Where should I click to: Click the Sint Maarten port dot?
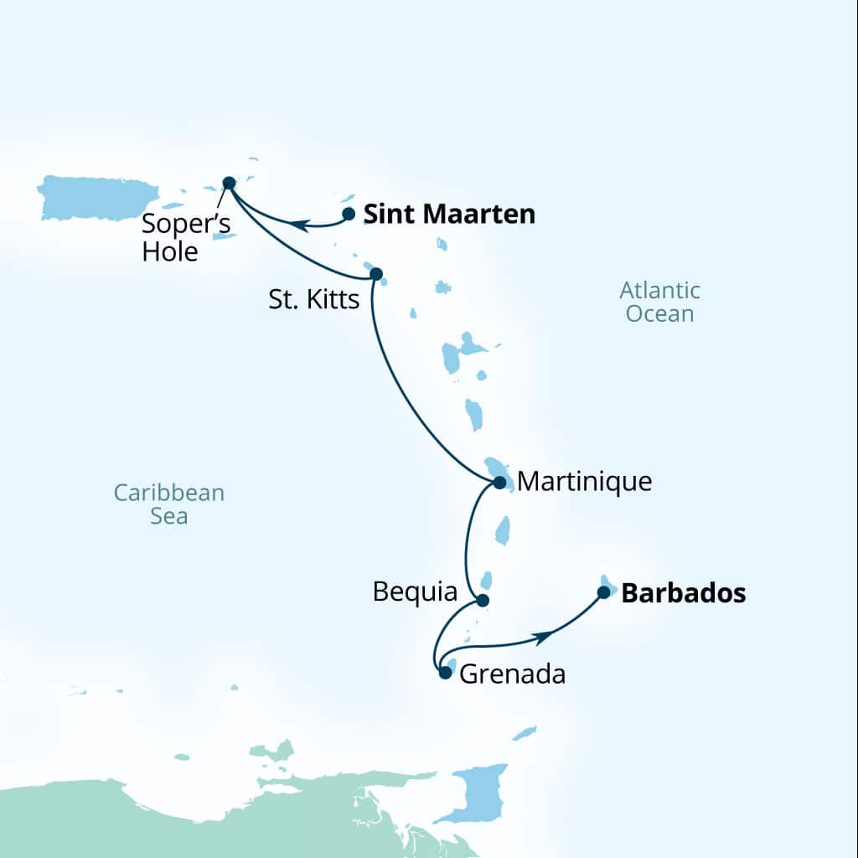[x=349, y=214]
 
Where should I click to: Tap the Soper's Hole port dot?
[x=229, y=183]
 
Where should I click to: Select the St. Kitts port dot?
[x=375, y=273]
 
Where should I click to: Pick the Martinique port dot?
[x=499, y=483]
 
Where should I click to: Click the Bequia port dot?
[x=482, y=600]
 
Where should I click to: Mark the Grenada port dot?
[x=446, y=672]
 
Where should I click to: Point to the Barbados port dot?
[x=603, y=592]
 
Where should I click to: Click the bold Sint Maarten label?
[x=449, y=214]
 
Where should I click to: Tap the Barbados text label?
[x=684, y=593]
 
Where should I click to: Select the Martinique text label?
[x=585, y=482]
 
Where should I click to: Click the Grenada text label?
[x=513, y=674]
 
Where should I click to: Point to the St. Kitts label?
[x=314, y=300]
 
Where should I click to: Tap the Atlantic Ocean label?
[x=659, y=302]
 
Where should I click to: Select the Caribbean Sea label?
[x=169, y=504]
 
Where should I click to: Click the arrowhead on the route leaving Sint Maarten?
[x=297, y=224]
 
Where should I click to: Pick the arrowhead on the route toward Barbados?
[x=543, y=638]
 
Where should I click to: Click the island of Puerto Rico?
[x=97, y=198]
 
